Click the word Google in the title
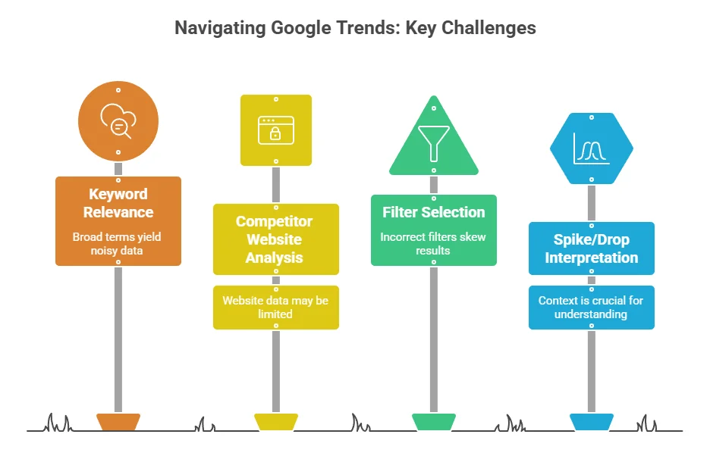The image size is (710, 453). click(x=301, y=28)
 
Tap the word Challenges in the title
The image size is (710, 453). click(x=489, y=28)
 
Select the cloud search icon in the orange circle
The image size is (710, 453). click(x=118, y=120)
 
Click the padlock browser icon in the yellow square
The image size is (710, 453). click(x=276, y=130)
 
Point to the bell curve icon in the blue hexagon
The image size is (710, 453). click(x=592, y=148)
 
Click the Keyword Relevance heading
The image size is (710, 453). click(x=118, y=203)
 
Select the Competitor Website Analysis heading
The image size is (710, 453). click(x=275, y=239)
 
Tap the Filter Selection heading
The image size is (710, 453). click(x=434, y=212)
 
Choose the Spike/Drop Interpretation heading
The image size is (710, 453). click(x=592, y=248)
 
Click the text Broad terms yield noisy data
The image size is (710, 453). click(x=117, y=244)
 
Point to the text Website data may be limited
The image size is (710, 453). click(x=275, y=307)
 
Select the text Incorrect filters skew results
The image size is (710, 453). click(x=433, y=244)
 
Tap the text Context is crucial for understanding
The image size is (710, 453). click(x=591, y=307)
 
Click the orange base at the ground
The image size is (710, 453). click(x=118, y=422)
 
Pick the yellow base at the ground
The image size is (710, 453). click(x=276, y=422)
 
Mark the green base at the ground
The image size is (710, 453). click(x=434, y=422)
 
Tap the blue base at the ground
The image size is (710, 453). click(x=592, y=422)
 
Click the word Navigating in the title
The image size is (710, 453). click(x=220, y=28)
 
